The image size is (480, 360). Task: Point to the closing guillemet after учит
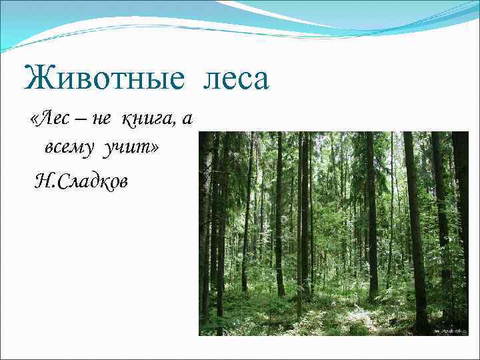(155, 147)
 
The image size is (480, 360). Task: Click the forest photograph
(333, 233)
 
